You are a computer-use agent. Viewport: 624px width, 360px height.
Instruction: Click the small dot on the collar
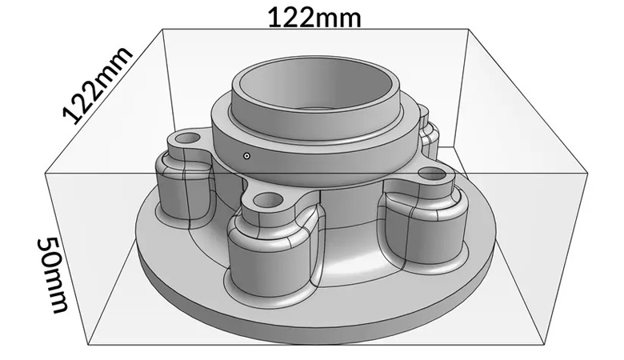[x=248, y=155]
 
